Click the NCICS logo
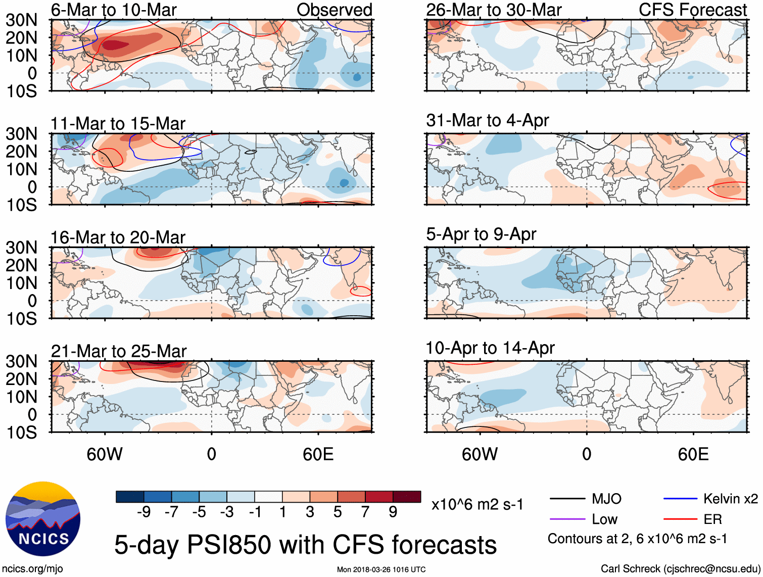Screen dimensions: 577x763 [x=43, y=519]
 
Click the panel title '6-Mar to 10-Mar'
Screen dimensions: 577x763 [x=114, y=10]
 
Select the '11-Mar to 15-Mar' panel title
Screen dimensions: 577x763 [x=118, y=123]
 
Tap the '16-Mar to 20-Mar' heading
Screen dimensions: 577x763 [x=118, y=237]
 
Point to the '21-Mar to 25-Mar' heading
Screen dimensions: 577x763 [x=119, y=351]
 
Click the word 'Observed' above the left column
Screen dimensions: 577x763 [x=334, y=10]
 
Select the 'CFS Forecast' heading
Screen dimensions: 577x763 [x=692, y=10]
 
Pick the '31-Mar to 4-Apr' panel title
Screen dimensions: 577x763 [x=487, y=120]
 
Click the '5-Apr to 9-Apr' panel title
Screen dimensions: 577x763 [x=481, y=234]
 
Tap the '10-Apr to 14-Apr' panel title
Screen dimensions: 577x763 [x=490, y=348]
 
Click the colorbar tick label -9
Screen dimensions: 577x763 [x=144, y=512]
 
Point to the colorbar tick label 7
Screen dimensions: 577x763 [x=365, y=512]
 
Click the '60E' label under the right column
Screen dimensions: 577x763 [x=693, y=454]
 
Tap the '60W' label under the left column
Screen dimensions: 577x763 [x=105, y=454]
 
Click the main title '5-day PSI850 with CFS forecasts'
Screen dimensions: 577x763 [x=305, y=545]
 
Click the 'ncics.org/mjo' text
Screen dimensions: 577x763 [x=32, y=568]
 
